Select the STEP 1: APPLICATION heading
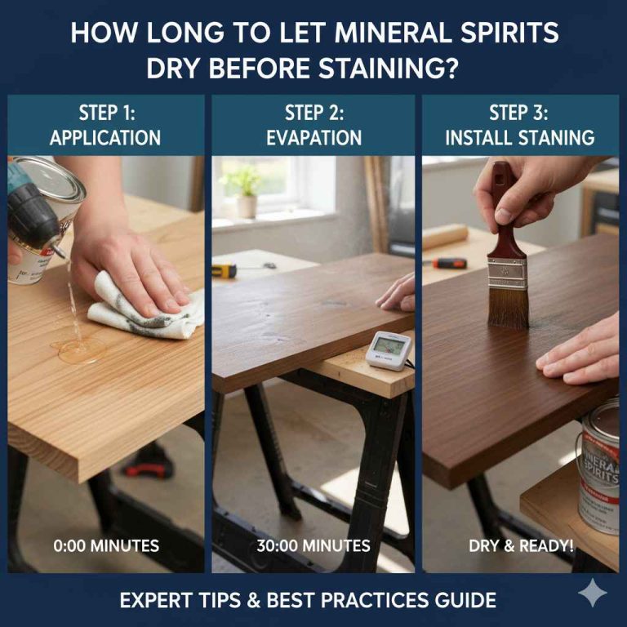(x=105, y=125)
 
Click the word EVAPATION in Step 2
(x=313, y=137)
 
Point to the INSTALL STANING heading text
(x=519, y=137)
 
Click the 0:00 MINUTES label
(x=106, y=545)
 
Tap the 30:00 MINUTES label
(x=313, y=545)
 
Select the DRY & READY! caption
(x=520, y=545)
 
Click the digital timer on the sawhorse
(x=388, y=349)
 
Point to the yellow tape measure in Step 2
(x=224, y=269)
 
